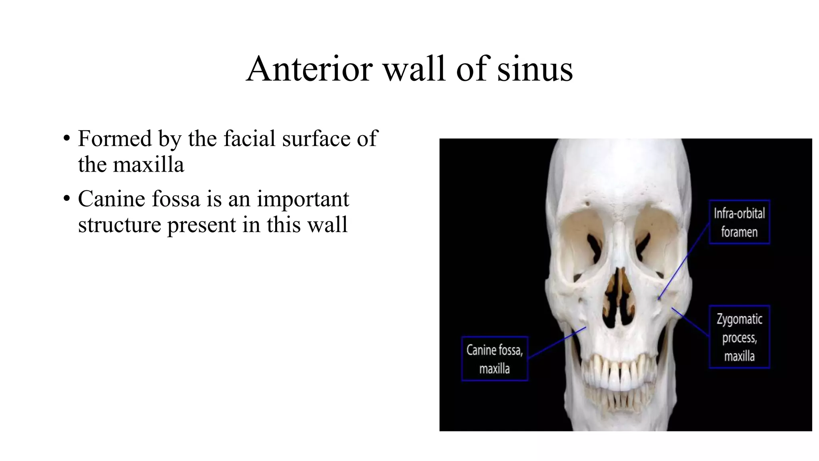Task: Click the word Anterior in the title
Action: (x=309, y=69)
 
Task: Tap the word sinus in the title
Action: (x=535, y=69)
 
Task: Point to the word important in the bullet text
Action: (x=303, y=199)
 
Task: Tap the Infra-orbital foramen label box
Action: (x=739, y=222)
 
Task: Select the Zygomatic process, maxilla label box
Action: (x=739, y=337)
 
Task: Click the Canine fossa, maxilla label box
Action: (x=495, y=359)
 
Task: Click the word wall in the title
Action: (x=414, y=69)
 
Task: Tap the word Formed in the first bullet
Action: (x=115, y=139)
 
